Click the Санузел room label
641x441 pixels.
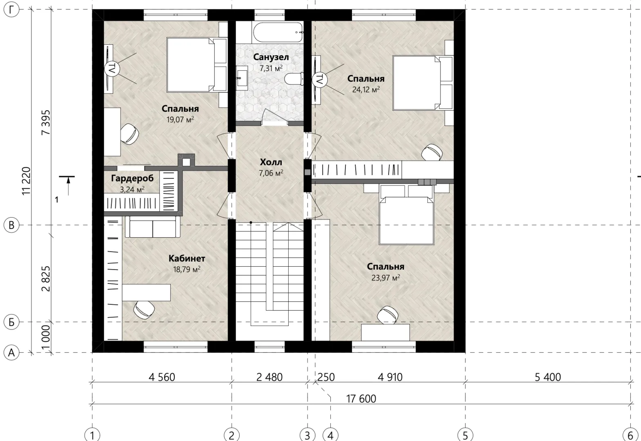click(271, 57)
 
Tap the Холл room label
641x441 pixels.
click(271, 162)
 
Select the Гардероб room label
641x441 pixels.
click(132, 178)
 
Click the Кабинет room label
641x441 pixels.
click(187, 258)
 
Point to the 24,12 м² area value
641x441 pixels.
click(366, 89)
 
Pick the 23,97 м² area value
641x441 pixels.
click(385, 278)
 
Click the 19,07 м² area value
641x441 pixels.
click(180, 119)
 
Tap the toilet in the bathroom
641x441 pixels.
click(294, 79)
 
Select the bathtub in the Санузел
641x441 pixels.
click(278, 32)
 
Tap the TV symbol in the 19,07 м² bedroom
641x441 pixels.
click(111, 69)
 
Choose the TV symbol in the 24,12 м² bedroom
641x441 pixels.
click(319, 79)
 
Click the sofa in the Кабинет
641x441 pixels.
click(153, 227)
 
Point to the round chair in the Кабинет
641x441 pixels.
click(144, 310)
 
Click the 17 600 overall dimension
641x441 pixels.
click(361, 399)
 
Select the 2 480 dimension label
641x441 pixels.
click(269, 377)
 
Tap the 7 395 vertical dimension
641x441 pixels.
click(46, 122)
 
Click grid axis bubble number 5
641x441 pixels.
click(465, 435)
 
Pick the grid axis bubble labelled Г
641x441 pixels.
click(11, 9)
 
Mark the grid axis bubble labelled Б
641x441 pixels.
click(11, 322)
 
